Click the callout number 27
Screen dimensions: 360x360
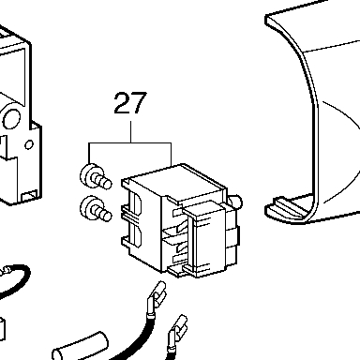point(130,103)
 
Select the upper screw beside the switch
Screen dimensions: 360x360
point(96,177)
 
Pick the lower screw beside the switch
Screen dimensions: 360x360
point(96,209)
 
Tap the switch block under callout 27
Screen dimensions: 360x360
point(181,220)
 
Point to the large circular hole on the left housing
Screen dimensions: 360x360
point(11,119)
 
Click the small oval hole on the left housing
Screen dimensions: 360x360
point(29,144)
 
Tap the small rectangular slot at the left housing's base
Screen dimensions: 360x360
point(29,196)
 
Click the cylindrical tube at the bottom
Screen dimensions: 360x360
point(81,347)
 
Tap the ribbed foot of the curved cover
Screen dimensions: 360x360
point(288,209)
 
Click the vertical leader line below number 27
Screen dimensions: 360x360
point(130,132)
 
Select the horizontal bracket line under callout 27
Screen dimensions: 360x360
point(130,143)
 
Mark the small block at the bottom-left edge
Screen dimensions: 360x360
point(2,330)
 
